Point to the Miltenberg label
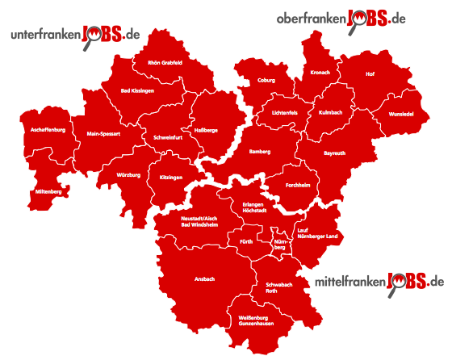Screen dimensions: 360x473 click(x=48, y=191)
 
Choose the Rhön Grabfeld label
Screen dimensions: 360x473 click(x=165, y=61)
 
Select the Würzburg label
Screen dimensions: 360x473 click(x=128, y=174)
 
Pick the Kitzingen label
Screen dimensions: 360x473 click(x=171, y=176)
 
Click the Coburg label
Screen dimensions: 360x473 click(x=266, y=81)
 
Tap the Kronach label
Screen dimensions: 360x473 click(x=320, y=73)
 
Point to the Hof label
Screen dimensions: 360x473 click(x=370, y=74)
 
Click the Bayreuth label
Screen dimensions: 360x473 click(x=334, y=152)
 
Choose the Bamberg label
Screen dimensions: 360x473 click(x=259, y=151)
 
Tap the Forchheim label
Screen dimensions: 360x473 click(x=298, y=185)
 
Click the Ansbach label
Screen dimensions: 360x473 click(x=205, y=278)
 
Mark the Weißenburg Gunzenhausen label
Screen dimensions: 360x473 click(x=253, y=321)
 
